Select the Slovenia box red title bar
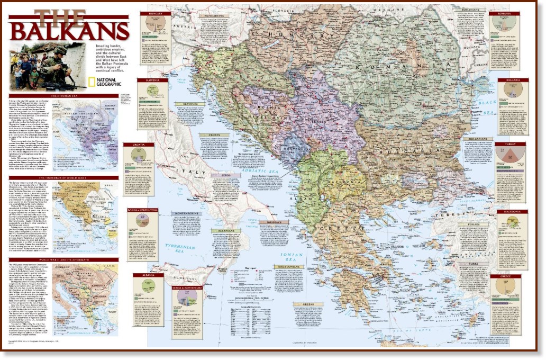tap(152, 80)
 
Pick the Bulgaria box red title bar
tap(513, 80)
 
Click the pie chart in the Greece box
tap(506, 288)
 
